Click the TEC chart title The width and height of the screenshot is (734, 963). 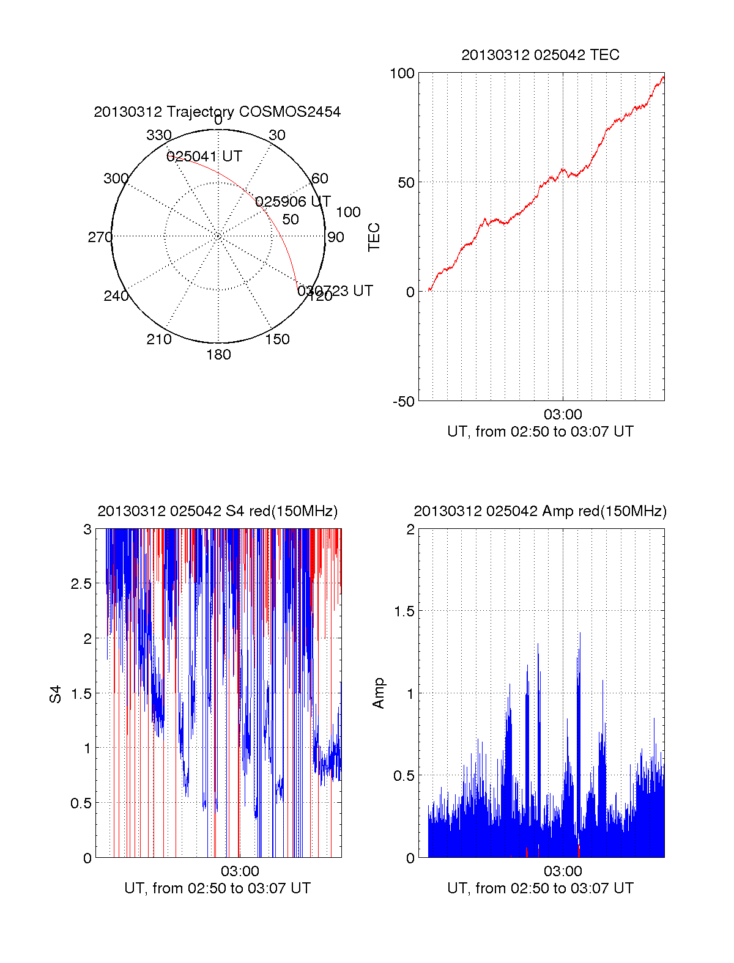click(x=540, y=55)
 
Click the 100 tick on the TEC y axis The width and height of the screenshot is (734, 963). click(x=402, y=73)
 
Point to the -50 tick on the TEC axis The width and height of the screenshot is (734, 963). click(x=403, y=402)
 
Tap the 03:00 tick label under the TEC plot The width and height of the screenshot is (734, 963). click(x=563, y=415)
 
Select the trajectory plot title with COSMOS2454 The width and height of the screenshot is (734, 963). click(x=217, y=112)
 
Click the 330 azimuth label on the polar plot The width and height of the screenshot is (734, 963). click(x=159, y=135)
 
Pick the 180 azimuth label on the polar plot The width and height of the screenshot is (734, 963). click(x=218, y=355)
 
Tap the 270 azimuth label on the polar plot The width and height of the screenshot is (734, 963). click(x=100, y=237)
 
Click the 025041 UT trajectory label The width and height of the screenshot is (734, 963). click(x=204, y=157)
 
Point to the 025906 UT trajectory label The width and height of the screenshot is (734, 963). click(x=293, y=202)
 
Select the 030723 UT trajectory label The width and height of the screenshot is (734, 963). click(x=335, y=291)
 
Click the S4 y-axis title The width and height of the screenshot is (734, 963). click(x=56, y=694)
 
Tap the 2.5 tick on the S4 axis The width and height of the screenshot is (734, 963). click(x=81, y=584)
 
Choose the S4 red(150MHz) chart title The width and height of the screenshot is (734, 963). click(x=217, y=511)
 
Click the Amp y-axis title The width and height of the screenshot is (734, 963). click(x=379, y=693)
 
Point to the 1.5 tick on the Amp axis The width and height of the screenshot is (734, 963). click(x=403, y=611)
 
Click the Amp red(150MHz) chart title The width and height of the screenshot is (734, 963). click(x=540, y=511)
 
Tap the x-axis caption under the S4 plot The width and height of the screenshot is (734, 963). click(x=217, y=888)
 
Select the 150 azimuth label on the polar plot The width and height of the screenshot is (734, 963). click(x=277, y=339)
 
